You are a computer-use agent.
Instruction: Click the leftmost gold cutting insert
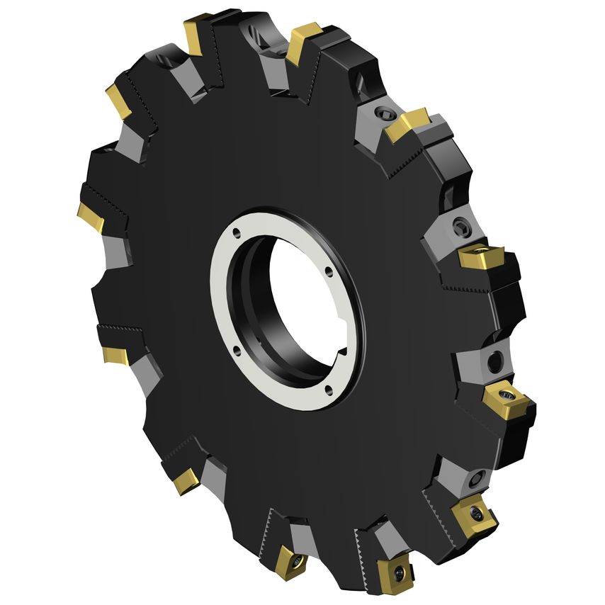click(x=90, y=216)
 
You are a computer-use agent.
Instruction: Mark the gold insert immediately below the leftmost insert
click(x=115, y=354)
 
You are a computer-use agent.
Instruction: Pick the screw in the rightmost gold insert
click(x=506, y=394)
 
